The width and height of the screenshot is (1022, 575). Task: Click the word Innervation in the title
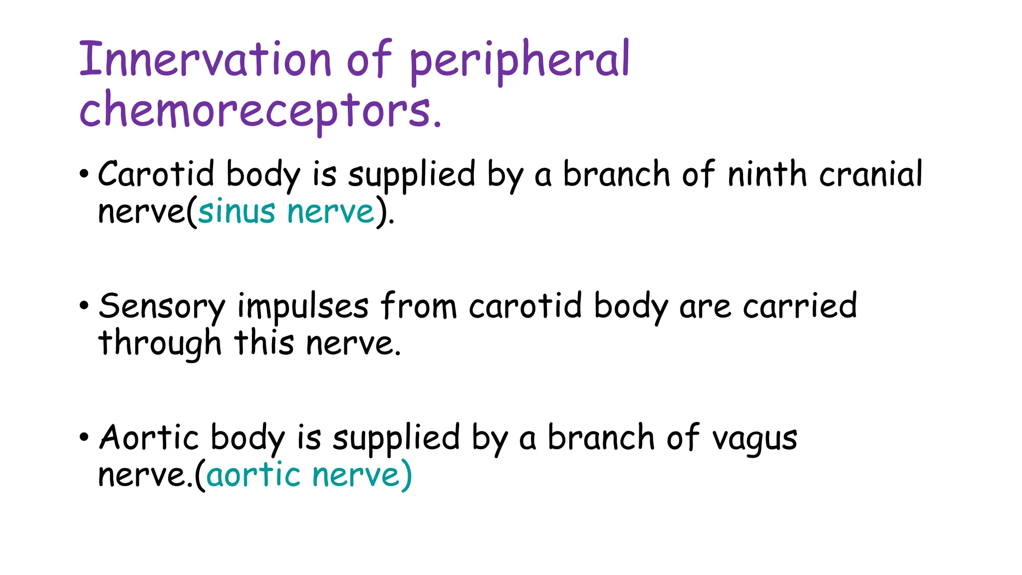click(205, 60)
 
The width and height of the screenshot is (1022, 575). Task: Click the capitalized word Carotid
click(156, 175)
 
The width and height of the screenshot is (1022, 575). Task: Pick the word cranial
click(871, 175)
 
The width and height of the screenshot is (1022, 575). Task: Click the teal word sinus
click(237, 212)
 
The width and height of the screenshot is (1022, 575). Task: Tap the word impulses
click(303, 306)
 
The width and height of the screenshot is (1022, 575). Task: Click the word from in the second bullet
click(419, 306)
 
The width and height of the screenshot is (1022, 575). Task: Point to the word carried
click(800, 306)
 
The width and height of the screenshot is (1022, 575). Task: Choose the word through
click(160, 344)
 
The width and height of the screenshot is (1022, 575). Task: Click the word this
click(264, 343)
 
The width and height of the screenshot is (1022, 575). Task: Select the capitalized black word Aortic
click(149, 438)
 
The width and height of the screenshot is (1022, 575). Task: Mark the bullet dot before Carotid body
click(84, 175)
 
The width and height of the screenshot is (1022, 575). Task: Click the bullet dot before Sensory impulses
click(84, 306)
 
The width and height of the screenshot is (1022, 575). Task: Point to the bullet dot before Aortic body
click(84, 438)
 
